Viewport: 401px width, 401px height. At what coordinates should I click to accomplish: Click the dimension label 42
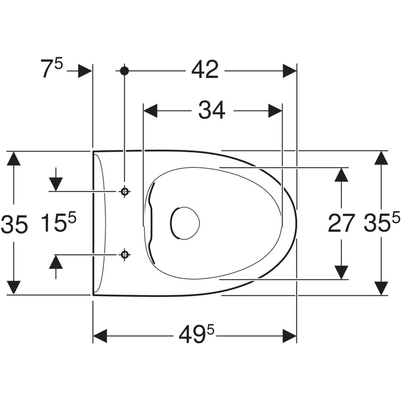[205, 70]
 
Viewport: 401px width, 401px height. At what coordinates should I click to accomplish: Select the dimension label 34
[212, 110]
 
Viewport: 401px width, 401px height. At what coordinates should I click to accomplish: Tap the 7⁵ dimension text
[52, 68]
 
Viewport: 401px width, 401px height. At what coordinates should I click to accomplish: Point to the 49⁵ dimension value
[196, 335]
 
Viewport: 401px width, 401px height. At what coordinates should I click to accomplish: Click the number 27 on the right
[341, 223]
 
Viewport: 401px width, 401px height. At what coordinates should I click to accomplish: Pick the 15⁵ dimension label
[59, 223]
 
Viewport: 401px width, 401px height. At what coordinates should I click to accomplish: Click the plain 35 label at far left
[14, 224]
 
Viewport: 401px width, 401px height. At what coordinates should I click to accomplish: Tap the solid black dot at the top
[124, 71]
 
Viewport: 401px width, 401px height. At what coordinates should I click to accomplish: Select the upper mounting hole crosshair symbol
[124, 191]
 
